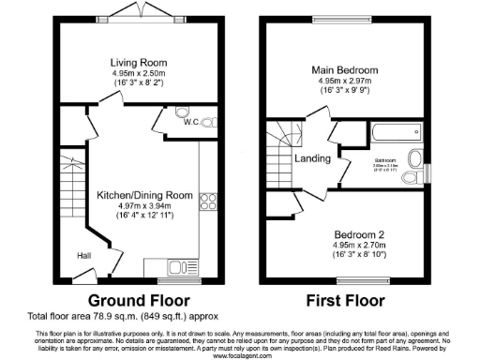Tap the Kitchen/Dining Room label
pyautogui.click(x=144, y=195)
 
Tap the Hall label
pyautogui.click(x=83, y=254)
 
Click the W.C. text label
pyautogui.click(x=189, y=122)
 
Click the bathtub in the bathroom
pyautogui.click(x=382, y=133)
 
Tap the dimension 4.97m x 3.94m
pyautogui.click(x=144, y=206)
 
